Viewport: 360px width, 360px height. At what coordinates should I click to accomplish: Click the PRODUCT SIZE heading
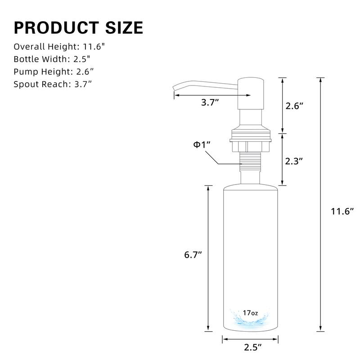coord(78,27)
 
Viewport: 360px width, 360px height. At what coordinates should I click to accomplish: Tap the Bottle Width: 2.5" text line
coord(52,59)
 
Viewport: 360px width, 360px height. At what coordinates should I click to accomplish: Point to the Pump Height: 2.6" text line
coord(54,71)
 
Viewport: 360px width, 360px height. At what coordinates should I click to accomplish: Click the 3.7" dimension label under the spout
coord(210,103)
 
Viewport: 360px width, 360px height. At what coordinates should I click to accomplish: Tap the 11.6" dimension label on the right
coord(341,211)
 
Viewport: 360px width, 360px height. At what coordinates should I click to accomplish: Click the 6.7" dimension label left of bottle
coord(193,254)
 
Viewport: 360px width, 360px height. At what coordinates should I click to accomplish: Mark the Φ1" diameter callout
coord(202,145)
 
